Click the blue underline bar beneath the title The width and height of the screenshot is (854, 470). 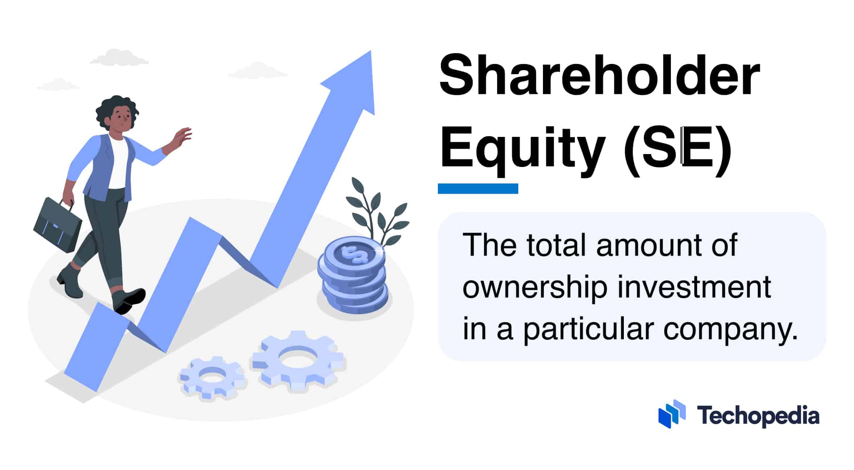pos(478,189)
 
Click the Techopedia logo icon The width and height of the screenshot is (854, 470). pos(672,414)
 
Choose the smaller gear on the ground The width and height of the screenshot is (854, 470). pos(212,377)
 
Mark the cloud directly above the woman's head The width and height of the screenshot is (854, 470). pos(118,58)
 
